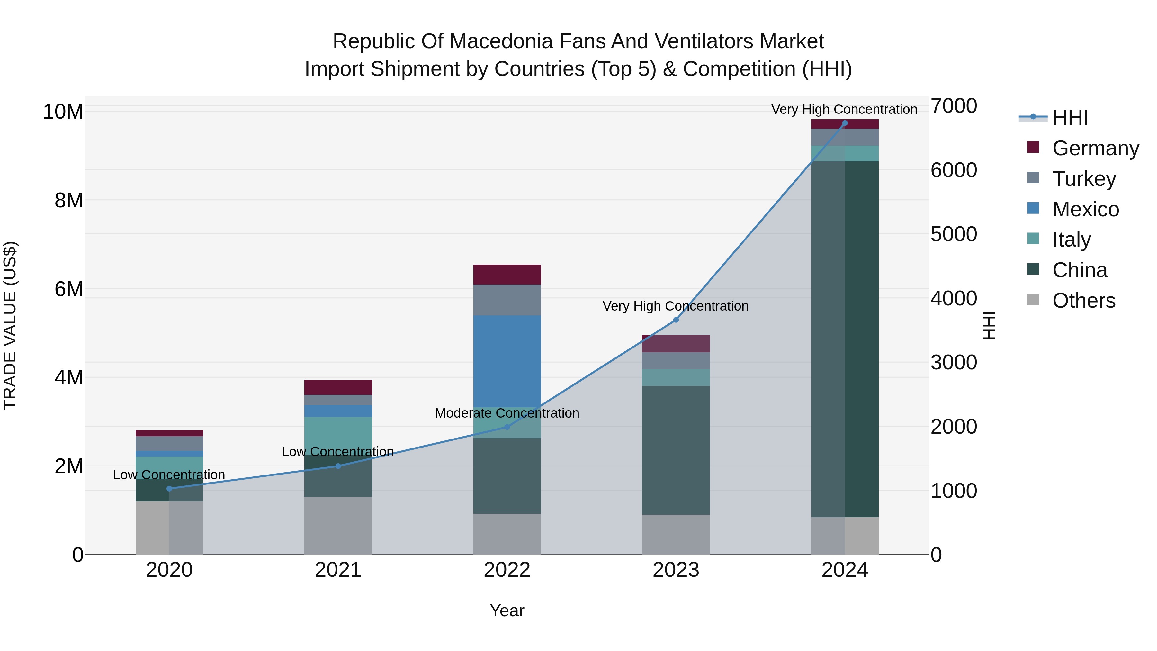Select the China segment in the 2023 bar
click(x=676, y=450)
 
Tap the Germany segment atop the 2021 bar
click(x=338, y=387)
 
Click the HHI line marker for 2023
click(x=676, y=320)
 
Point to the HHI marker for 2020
click(x=169, y=488)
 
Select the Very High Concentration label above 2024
click(x=844, y=109)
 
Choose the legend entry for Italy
click(x=1071, y=240)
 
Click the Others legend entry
click(x=1083, y=301)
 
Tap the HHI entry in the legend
click(x=1070, y=118)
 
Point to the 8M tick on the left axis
click(x=69, y=200)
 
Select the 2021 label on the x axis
click(x=338, y=570)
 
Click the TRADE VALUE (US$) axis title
click(x=10, y=325)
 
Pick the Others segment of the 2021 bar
click(x=338, y=525)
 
